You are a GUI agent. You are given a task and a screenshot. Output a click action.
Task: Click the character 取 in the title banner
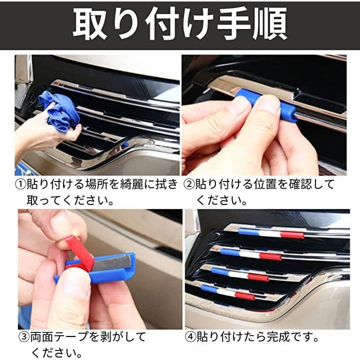coord(90,23)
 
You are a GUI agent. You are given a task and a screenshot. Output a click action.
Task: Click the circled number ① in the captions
coord(20,184)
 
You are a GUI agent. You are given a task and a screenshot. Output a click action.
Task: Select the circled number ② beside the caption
coord(189,184)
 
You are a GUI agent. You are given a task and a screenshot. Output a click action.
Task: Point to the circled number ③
coord(23,337)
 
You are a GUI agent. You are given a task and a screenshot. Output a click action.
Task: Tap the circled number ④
coord(190,337)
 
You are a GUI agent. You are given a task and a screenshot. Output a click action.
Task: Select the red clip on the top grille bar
coord(292,234)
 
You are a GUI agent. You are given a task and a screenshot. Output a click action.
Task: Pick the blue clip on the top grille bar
coord(248,231)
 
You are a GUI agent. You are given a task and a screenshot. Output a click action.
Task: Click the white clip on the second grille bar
coord(249,253)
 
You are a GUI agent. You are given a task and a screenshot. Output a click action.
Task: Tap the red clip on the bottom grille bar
coord(244,296)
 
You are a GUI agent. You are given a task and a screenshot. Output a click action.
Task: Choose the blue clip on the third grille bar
coord(220,271)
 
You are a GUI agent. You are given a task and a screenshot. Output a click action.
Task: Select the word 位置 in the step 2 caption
coord(265,184)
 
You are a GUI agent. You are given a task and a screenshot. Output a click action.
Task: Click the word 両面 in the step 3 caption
coord(42,337)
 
